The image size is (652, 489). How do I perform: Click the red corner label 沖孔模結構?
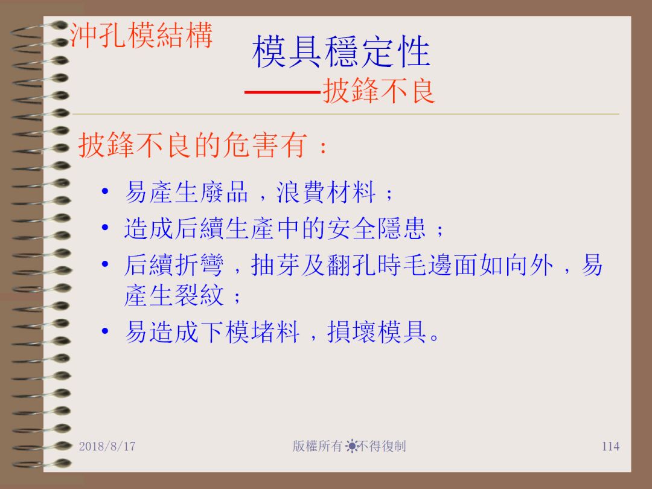pyautogui.click(x=141, y=35)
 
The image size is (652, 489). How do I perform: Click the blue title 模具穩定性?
pyautogui.click(x=341, y=51)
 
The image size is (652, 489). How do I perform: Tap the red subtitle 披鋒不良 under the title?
pyautogui.click(x=379, y=91)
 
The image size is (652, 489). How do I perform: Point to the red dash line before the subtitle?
pyautogui.click(x=283, y=92)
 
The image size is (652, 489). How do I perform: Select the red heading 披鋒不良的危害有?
pyautogui.click(x=193, y=145)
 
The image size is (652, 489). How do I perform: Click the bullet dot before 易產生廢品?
pyautogui.click(x=105, y=191)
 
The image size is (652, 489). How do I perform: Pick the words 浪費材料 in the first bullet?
pyautogui.click(x=326, y=192)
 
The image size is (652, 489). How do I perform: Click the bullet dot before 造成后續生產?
pyautogui.click(x=105, y=228)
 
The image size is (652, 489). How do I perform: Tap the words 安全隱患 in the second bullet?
pyautogui.click(x=377, y=229)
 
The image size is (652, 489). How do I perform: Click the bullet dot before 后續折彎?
pyautogui.click(x=105, y=264)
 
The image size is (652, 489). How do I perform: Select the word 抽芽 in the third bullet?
pyautogui.click(x=275, y=265)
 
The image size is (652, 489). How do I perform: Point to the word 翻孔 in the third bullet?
pyautogui.click(x=351, y=265)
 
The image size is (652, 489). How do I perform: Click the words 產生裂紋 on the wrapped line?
pyautogui.click(x=174, y=295)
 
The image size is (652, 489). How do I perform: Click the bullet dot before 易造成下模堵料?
pyautogui.click(x=105, y=331)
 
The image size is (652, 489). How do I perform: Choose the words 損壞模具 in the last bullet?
pyautogui.click(x=377, y=332)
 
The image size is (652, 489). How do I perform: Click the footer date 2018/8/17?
pyautogui.click(x=107, y=446)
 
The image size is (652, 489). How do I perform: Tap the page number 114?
pyautogui.click(x=610, y=446)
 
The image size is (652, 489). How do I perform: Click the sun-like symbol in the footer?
pyautogui.click(x=352, y=446)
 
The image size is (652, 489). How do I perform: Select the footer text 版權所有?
pyautogui.click(x=318, y=446)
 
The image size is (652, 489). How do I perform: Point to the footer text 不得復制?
pyautogui.click(x=382, y=446)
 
